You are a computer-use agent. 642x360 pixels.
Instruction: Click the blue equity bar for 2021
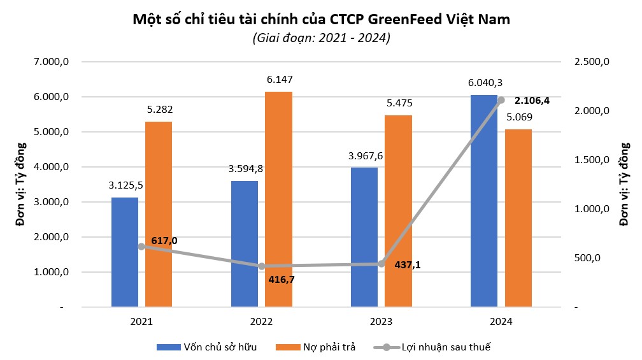click(x=125, y=252)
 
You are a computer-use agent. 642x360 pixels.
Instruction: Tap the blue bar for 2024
click(x=484, y=201)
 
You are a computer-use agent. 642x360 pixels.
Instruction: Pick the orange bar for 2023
click(x=398, y=211)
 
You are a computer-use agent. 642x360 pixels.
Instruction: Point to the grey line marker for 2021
click(x=141, y=247)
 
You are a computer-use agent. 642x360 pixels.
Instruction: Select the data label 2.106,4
click(x=532, y=100)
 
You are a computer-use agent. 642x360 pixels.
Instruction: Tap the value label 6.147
click(x=278, y=80)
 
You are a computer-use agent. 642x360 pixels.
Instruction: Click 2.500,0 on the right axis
click(x=593, y=62)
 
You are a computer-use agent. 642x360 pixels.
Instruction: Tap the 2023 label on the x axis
click(x=381, y=322)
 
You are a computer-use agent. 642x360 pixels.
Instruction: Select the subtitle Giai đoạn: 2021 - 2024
click(x=321, y=38)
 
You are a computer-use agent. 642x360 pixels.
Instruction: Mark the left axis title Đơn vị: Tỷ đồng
click(x=22, y=185)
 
